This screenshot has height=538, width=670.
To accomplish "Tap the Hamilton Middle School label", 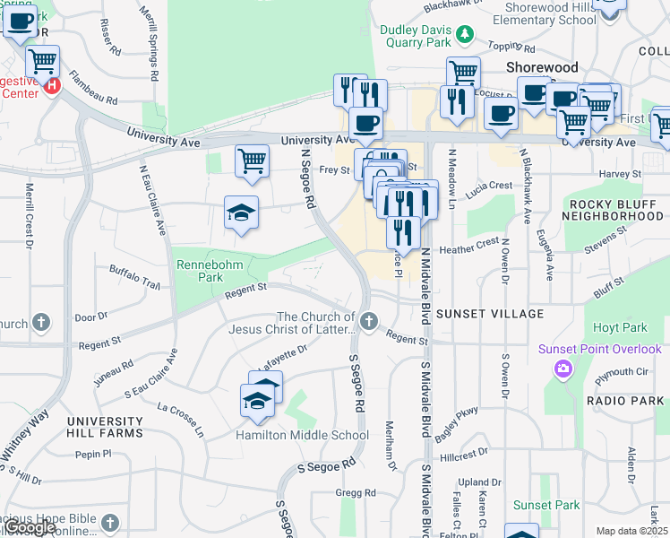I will click(302, 436).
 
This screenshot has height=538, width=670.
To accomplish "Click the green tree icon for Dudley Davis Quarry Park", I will click(465, 34).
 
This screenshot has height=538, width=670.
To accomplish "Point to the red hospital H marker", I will click(52, 86).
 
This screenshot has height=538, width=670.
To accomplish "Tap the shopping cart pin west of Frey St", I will click(253, 161).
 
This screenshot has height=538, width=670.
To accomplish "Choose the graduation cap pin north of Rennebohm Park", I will click(241, 213).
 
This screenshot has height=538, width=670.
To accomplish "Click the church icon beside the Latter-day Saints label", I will click(368, 320).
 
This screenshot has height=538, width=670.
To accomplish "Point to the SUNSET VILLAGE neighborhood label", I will click(490, 314).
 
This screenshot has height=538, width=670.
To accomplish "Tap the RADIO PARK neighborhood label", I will click(624, 400).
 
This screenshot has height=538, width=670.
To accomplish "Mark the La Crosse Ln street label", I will click(181, 419).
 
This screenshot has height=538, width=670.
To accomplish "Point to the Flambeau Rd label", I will click(93, 88).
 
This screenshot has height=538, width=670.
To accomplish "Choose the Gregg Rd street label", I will click(356, 493).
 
